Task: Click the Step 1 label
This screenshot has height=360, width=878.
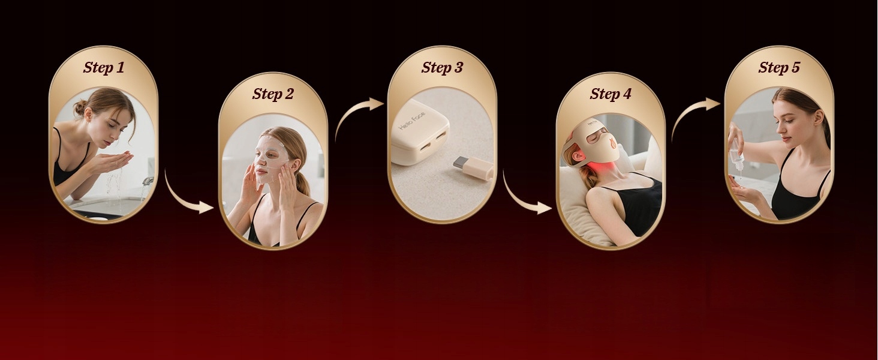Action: pos(104,67)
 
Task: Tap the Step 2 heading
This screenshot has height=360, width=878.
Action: pos(273,94)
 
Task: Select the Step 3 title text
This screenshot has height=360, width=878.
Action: pos(442,67)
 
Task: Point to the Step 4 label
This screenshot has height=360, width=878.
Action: pos(611,94)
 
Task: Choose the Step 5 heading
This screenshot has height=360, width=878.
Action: pos(779,67)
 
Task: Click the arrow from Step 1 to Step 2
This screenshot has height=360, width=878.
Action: pos(181,198)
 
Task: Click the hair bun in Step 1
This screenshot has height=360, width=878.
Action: pos(80,107)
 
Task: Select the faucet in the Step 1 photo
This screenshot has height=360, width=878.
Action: pos(147,182)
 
